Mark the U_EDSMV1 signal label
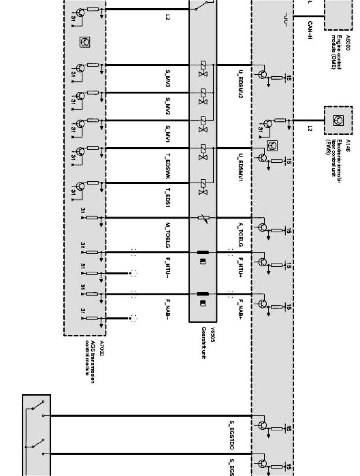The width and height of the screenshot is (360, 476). tap(241, 169)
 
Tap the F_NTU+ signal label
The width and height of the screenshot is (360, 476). tap(241, 265)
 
